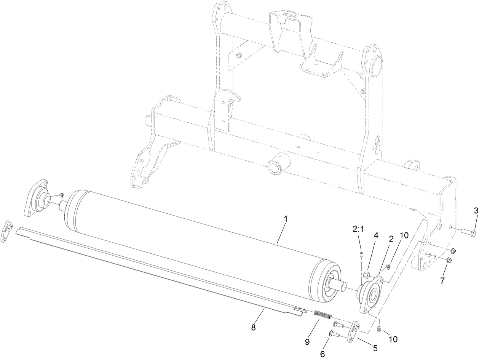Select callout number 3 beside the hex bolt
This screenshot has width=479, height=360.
pyautogui.click(x=476, y=210)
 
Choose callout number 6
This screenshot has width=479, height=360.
pyautogui.click(x=323, y=354)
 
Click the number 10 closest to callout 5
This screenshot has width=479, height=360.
pyautogui.click(x=393, y=338)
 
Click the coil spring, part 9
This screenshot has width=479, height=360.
pyautogui.click(x=323, y=315)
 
